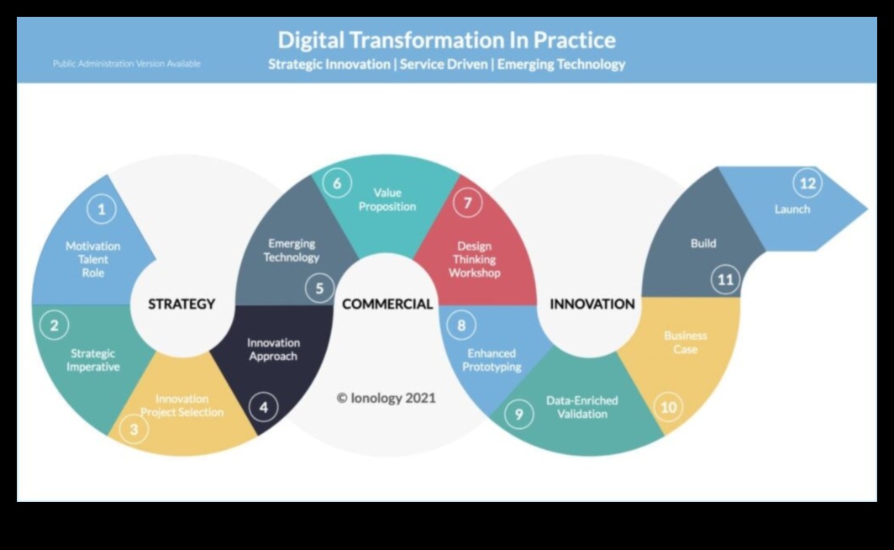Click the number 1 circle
[102, 209]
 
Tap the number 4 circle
[264, 407]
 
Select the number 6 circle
[337, 183]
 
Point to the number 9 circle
[519, 415]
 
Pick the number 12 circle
[807, 183]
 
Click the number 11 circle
[725, 279]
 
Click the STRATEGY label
[181, 304]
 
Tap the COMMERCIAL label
[387, 304]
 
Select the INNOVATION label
[592, 304]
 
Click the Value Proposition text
[387, 199]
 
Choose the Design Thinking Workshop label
[475, 259]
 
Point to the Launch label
[792, 209]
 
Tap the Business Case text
[686, 342]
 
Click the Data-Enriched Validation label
[582, 407]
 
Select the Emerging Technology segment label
[292, 251]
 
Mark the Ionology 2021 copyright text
[386, 398]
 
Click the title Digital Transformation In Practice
[446, 40]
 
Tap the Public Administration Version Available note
[127, 64]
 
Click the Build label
[703, 243]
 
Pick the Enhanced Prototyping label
[492, 360]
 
